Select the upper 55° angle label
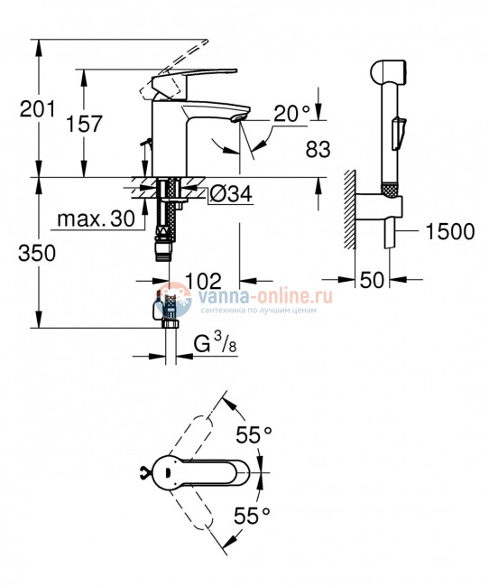coord(254,434)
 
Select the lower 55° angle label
coord(254,517)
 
